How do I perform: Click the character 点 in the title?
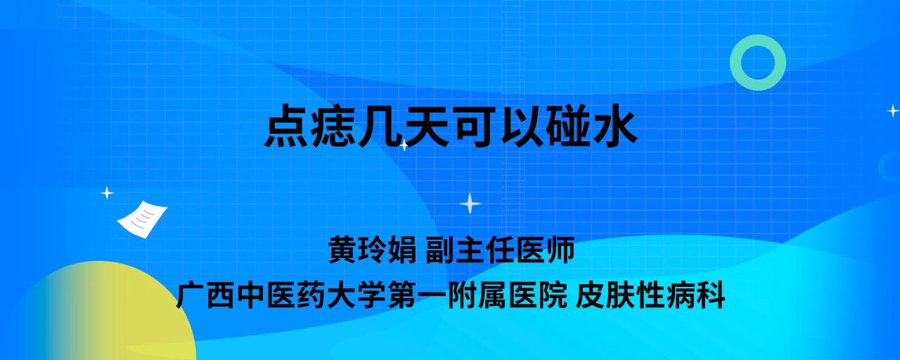[286, 126]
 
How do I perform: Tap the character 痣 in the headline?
[333, 126]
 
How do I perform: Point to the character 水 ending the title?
[615, 126]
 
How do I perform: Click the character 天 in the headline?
[427, 126]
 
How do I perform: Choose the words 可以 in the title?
[498, 126]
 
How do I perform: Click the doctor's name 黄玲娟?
[373, 250]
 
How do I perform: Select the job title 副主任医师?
[500, 250]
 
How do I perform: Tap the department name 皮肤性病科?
[650, 295]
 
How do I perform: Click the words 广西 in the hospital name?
[205, 295]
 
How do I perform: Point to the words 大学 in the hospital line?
[356, 295]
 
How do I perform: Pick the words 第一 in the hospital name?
[416, 295]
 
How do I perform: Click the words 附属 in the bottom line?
[477, 295]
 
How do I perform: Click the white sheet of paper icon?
[142, 219]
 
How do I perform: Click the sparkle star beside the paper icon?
[107, 193]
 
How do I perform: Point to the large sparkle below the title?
[470, 203]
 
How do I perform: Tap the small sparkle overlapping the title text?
[404, 145]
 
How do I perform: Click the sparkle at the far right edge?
[893, 110]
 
